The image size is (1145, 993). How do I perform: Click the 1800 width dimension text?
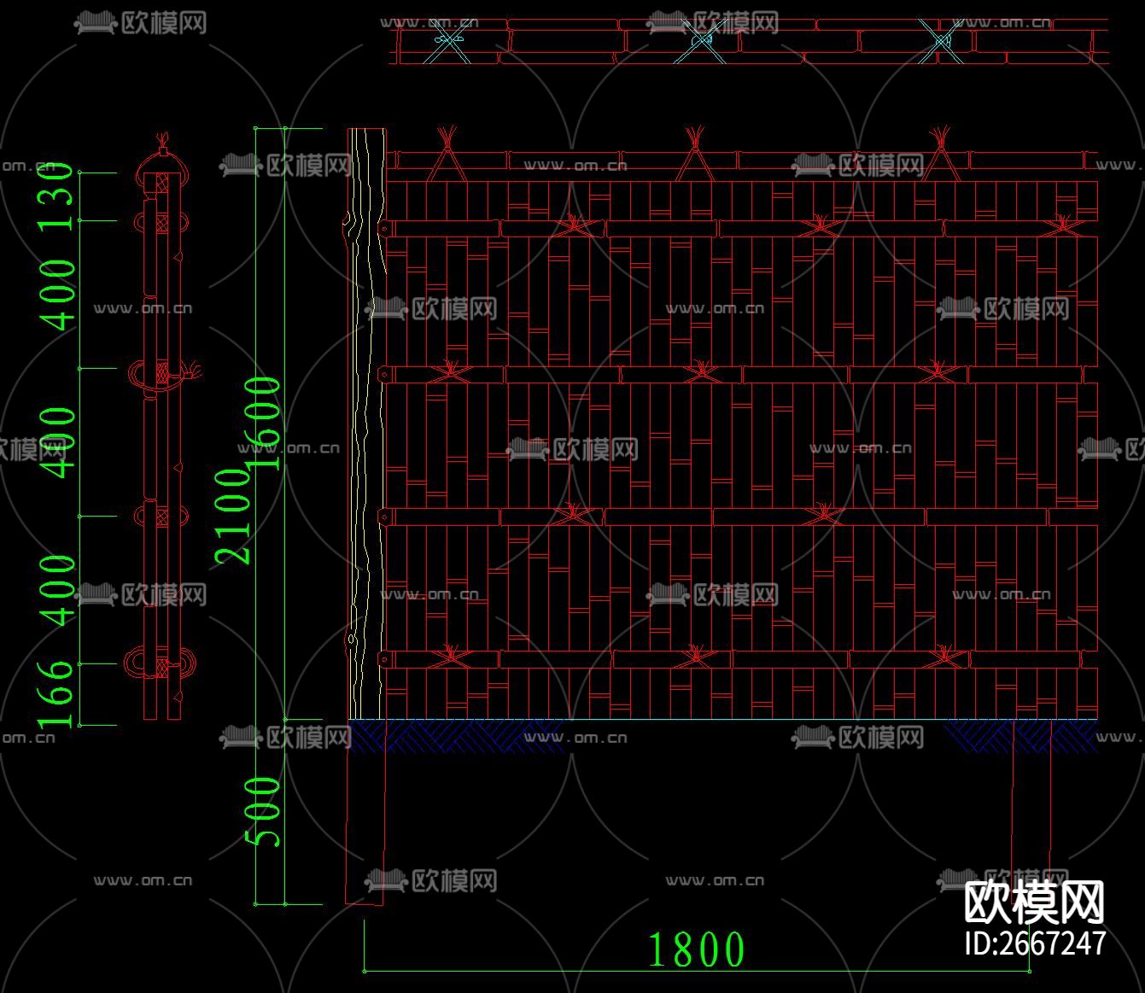[x=696, y=949]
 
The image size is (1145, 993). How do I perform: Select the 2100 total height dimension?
[x=232, y=516]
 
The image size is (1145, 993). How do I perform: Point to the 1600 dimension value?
[x=265, y=423]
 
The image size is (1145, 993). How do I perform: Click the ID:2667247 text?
[x=1035, y=943]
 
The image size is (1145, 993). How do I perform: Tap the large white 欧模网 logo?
[x=1035, y=902]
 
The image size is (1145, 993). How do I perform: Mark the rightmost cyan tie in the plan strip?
[x=941, y=40]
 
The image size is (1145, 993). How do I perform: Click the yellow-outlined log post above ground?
[x=366, y=427]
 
